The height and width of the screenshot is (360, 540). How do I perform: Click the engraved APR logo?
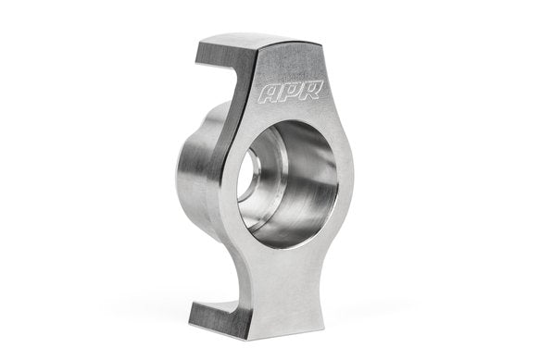284,93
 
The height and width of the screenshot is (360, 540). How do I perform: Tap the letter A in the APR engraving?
270,93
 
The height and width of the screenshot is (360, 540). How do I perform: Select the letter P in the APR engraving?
284,93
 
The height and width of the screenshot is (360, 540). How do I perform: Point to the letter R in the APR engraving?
299,92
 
